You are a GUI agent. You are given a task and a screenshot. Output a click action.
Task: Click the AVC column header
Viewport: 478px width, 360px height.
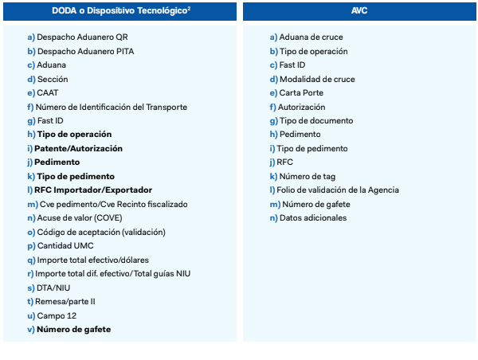[359, 12]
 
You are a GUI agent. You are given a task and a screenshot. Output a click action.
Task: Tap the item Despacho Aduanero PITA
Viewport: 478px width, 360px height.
[85, 51]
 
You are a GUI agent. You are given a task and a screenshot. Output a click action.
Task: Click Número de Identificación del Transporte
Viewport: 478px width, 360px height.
[112, 107]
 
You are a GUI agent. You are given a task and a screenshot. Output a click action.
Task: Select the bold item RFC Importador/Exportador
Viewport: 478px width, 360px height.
[92, 190]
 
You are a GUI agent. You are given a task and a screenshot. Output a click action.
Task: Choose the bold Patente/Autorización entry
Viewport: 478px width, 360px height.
[78, 148]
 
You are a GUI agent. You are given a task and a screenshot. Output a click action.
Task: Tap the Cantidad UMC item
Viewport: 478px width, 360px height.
[65, 246]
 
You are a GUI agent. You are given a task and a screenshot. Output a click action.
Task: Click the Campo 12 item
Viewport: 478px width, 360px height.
[57, 315]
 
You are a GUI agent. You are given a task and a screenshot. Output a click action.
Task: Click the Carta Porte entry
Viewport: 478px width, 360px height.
[301, 92]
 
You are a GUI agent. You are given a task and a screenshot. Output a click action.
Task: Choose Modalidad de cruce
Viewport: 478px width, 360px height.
[317, 79]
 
